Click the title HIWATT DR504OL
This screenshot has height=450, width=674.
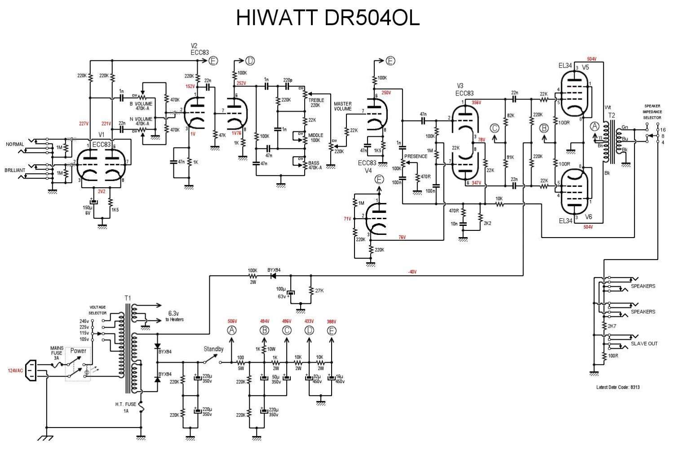[328, 18]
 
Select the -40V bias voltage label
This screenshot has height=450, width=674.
[412, 272]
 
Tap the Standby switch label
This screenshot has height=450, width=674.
[213, 349]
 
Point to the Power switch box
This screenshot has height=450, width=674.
[78, 364]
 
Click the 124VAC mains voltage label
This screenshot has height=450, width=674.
[15, 370]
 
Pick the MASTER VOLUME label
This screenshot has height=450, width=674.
[343, 106]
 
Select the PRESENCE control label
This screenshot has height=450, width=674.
[416, 157]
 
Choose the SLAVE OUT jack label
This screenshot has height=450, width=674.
[644, 343]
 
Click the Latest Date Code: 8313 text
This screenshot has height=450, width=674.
[617, 387]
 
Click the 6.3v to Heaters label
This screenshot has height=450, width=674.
[176, 316]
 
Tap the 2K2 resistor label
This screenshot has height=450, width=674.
[487, 223]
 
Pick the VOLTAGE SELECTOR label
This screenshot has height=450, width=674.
[98, 310]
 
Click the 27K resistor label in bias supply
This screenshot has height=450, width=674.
[319, 291]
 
